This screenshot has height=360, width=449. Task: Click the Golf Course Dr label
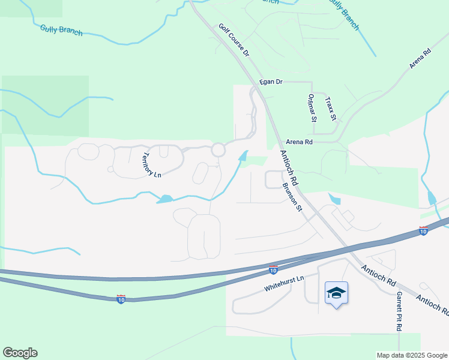point(234,40)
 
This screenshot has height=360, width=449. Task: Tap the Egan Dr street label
point(271,82)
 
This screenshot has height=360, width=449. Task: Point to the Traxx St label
point(331,108)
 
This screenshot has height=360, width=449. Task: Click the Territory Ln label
point(151,166)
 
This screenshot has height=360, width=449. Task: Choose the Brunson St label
point(292,196)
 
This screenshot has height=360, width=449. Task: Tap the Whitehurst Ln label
point(284,284)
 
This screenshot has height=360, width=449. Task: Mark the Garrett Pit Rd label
point(398,311)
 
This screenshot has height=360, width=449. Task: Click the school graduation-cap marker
point(336,293)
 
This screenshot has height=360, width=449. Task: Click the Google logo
point(20,353)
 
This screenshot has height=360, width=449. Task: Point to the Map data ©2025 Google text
point(412,355)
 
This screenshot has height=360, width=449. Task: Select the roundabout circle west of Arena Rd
point(218,149)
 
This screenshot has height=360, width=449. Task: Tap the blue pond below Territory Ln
point(164,199)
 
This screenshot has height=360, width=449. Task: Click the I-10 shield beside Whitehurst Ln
point(274,271)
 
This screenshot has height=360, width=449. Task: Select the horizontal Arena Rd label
point(300,142)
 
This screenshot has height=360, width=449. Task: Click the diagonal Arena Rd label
point(420,61)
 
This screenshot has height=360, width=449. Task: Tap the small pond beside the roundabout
point(243,156)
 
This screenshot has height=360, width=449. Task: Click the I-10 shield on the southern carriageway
point(121,299)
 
